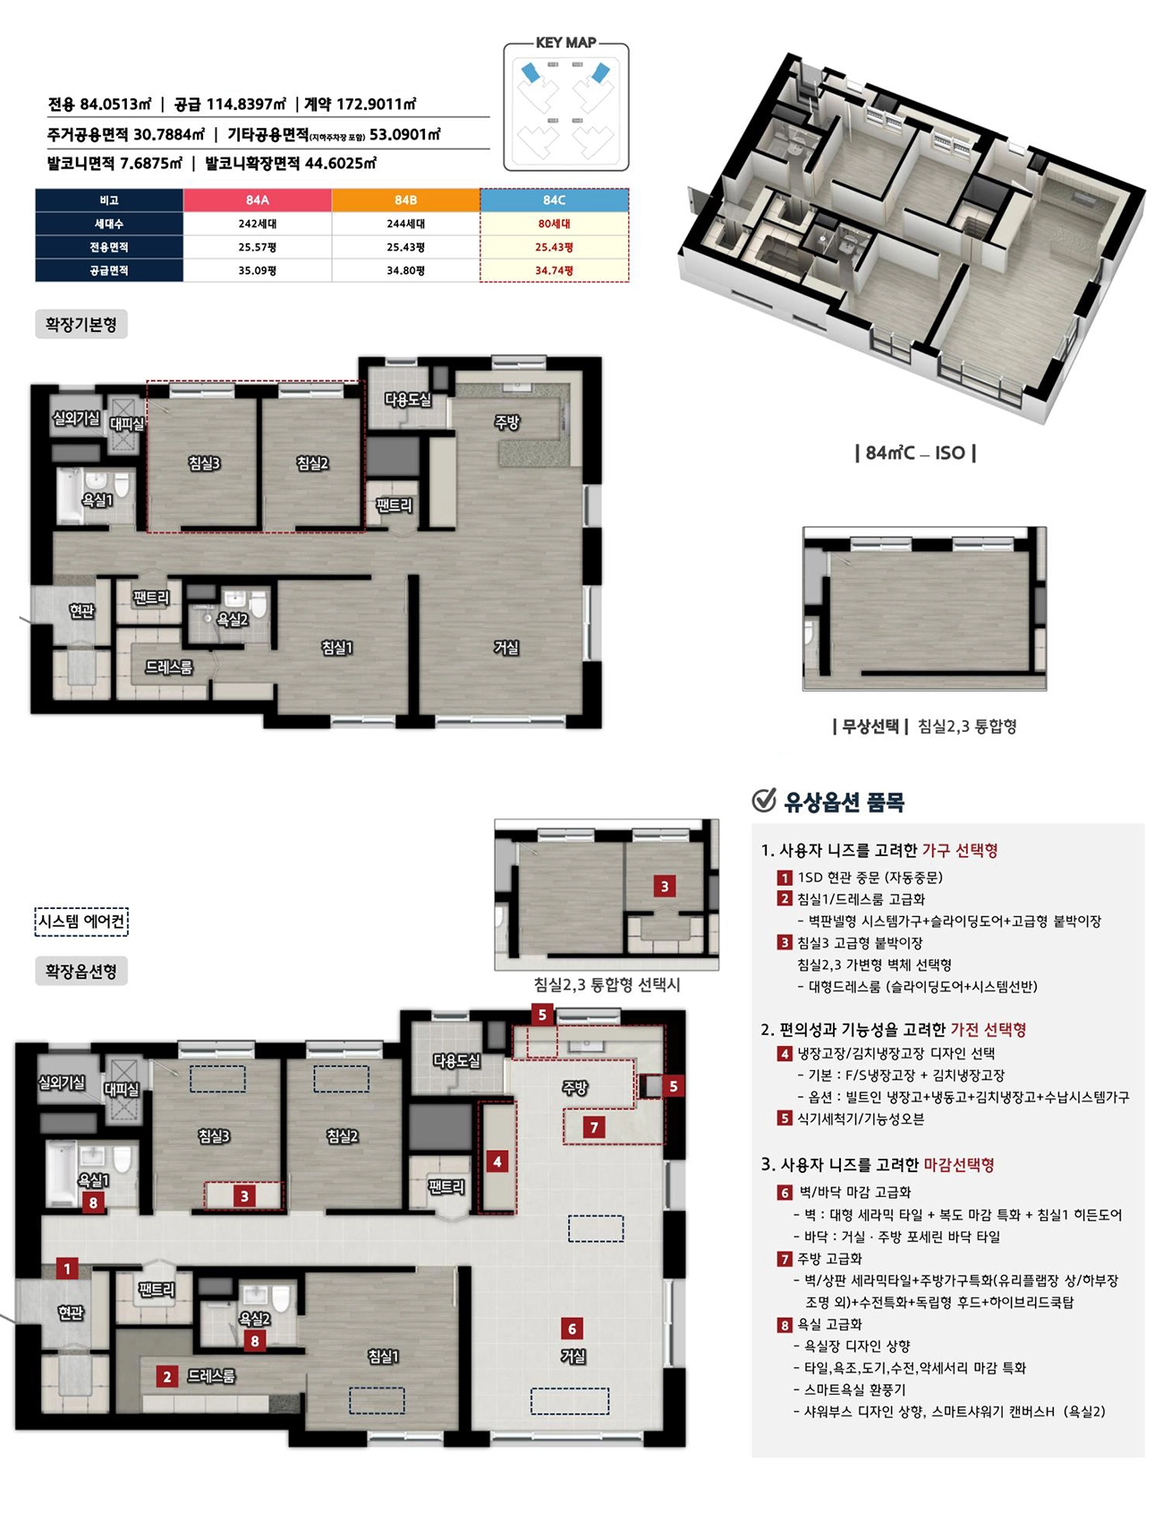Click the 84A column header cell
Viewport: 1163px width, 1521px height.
[258, 200]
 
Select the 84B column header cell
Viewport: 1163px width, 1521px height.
[406, 200]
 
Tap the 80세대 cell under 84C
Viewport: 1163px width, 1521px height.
[555, 224]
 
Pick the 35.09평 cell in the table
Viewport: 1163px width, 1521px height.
[258, 270]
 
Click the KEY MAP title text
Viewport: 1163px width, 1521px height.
[566, 43]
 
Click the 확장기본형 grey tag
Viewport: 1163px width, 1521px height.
[81, 324]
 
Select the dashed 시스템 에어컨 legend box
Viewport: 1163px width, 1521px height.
[81, 922]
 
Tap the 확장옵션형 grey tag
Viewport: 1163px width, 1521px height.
[81, 971]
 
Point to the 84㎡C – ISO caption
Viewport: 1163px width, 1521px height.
[915, 453]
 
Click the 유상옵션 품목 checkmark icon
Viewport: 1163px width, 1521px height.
[764, 800]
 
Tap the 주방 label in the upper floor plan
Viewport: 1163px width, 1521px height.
[507, 422]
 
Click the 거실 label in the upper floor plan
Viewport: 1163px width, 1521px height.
[506, 647]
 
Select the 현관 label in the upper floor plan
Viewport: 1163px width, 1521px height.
[81, 610]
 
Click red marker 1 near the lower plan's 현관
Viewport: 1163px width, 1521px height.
[67, 1268]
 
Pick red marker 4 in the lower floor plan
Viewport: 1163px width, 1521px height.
[497, 1161]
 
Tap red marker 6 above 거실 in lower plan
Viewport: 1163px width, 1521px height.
[573, 1328]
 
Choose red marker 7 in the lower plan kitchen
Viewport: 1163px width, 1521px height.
[594, 1127]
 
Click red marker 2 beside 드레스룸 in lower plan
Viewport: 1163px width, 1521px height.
[166, 1377]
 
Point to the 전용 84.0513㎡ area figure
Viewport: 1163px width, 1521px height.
[100, 104]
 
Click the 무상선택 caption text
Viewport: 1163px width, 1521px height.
[870, 726]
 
